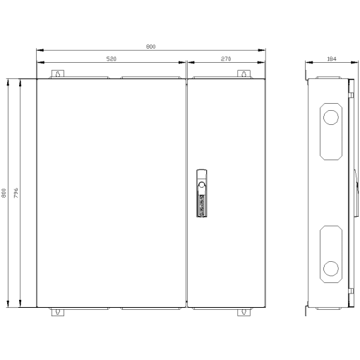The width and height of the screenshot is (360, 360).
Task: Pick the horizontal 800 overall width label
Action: click(150, 46)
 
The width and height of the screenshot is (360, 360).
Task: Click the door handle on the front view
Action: click(201, 191)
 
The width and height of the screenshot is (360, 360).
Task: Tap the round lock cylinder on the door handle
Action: click(201, 186)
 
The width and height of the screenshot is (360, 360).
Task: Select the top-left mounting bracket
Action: click(57, 74)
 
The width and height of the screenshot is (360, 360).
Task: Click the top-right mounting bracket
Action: click(244, 74)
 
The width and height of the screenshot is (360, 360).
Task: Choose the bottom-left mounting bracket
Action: click(57, 311)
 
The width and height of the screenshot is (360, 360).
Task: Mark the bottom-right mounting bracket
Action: click(244, 311)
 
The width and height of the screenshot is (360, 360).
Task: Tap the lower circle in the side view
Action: click(330, 268)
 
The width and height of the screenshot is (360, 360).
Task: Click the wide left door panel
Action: click(110, 193)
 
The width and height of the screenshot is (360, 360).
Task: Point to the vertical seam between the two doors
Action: click(186, 193)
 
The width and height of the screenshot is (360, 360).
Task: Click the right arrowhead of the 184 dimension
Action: click(348, 65)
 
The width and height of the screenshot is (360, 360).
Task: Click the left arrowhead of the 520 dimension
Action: click(38, 65)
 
